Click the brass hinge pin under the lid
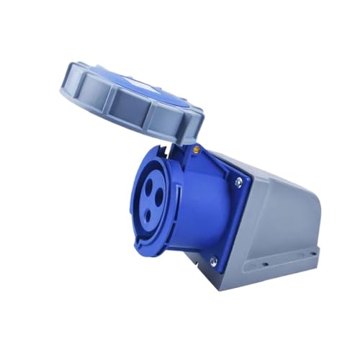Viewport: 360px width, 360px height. [x=196, y=149]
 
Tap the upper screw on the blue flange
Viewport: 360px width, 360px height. [x=238, y=182]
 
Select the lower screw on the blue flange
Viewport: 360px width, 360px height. [x=212, y=261]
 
